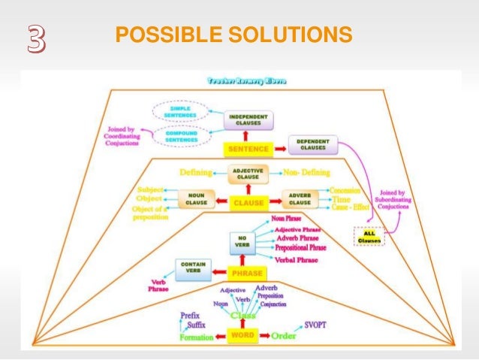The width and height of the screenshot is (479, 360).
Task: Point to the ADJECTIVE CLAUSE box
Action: tap(247, 174)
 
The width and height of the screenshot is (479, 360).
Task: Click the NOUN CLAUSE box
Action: tap(196, 200)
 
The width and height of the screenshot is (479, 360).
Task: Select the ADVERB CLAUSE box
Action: tap(300, 200)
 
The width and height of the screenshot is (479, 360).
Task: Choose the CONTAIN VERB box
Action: tap(193, 268)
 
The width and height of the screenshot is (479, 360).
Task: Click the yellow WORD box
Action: tap(241, 334)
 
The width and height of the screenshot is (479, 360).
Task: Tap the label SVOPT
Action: tap(318, 324)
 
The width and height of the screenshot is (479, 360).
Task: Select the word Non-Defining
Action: tap(306, 173)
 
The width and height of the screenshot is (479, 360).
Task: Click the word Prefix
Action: tap(190, 316)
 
